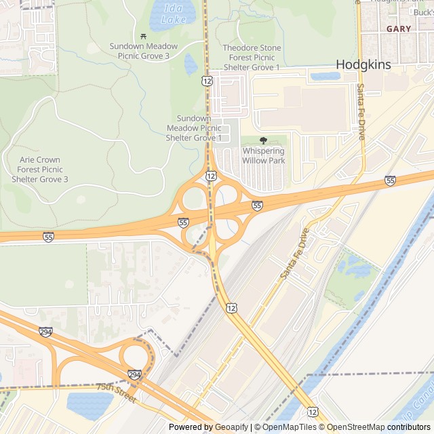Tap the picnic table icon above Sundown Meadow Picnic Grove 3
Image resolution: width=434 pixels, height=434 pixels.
tap(143, 36)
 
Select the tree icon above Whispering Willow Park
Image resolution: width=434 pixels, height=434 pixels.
tap(264, 140)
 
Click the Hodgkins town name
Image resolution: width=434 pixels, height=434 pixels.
tap(365, 64)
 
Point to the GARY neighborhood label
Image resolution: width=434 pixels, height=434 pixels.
tap(399, 29)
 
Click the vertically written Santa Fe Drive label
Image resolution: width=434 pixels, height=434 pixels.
tap(361, 112)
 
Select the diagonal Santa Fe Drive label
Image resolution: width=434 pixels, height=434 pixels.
tap(295, 254)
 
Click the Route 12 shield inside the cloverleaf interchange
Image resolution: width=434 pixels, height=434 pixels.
tap(212, 176)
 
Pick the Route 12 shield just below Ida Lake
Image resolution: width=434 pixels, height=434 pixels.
tap(205, 81)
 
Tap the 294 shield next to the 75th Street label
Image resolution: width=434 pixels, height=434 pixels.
tap(134, 374)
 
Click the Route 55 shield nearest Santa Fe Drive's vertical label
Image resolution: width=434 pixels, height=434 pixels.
tap(390, 180)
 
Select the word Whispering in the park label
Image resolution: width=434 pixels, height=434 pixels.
tap(264, 151)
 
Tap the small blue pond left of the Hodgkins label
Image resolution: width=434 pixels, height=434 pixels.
tap(325, 76)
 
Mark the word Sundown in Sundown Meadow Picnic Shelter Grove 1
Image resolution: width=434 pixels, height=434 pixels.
tap(194, 118)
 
